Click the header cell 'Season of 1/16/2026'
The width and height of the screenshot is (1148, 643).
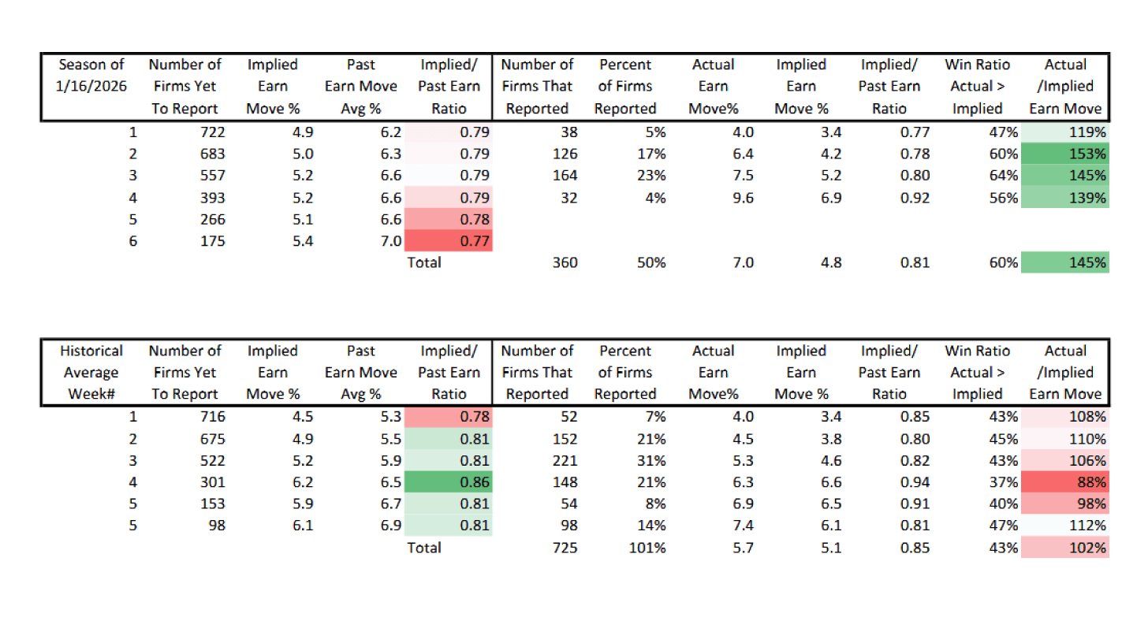point(91,87)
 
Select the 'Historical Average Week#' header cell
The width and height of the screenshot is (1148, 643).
point(91,372)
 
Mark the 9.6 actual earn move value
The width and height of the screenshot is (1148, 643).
point(743,198)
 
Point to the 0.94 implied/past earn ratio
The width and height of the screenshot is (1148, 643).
point(914,482)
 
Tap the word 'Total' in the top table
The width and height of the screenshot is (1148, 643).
point(423,262)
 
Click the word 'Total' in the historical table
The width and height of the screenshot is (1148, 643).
point(423,548)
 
